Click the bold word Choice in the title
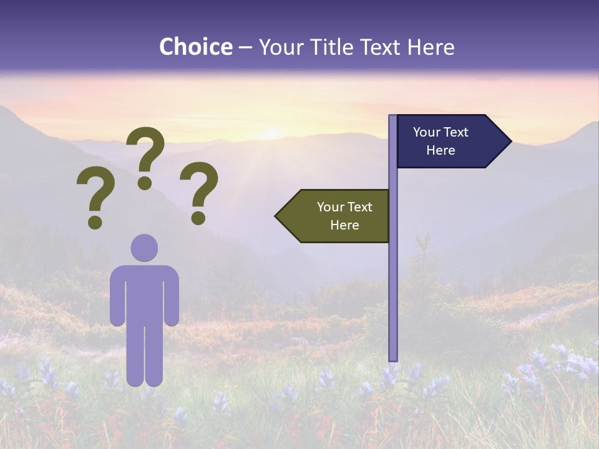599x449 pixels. tap(195, 47)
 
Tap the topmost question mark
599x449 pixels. tap(146, 156)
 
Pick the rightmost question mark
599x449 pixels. tap(198, 191)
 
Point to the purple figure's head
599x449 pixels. tap(144, 248)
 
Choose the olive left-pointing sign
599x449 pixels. tap(337, 216)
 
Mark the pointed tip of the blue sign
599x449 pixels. tap(510, 142)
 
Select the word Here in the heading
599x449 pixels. tap(430, 47)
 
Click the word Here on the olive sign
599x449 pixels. tap(344, 225)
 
